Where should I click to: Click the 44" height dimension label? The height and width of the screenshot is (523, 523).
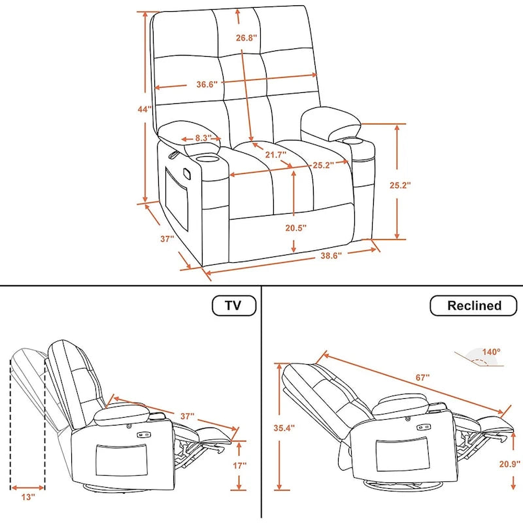[x=144, y=109]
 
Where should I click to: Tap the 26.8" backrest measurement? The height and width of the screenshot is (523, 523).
[x=247, y=37]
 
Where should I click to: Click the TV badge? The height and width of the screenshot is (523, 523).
[x=233, y=305]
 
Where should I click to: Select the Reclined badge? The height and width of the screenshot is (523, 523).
[x=474, y=305]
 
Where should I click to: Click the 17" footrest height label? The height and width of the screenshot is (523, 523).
[x=240, y=466]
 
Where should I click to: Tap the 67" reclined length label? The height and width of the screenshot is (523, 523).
[x=422, y=378]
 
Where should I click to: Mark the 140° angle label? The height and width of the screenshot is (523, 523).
[x=491, y=351]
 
